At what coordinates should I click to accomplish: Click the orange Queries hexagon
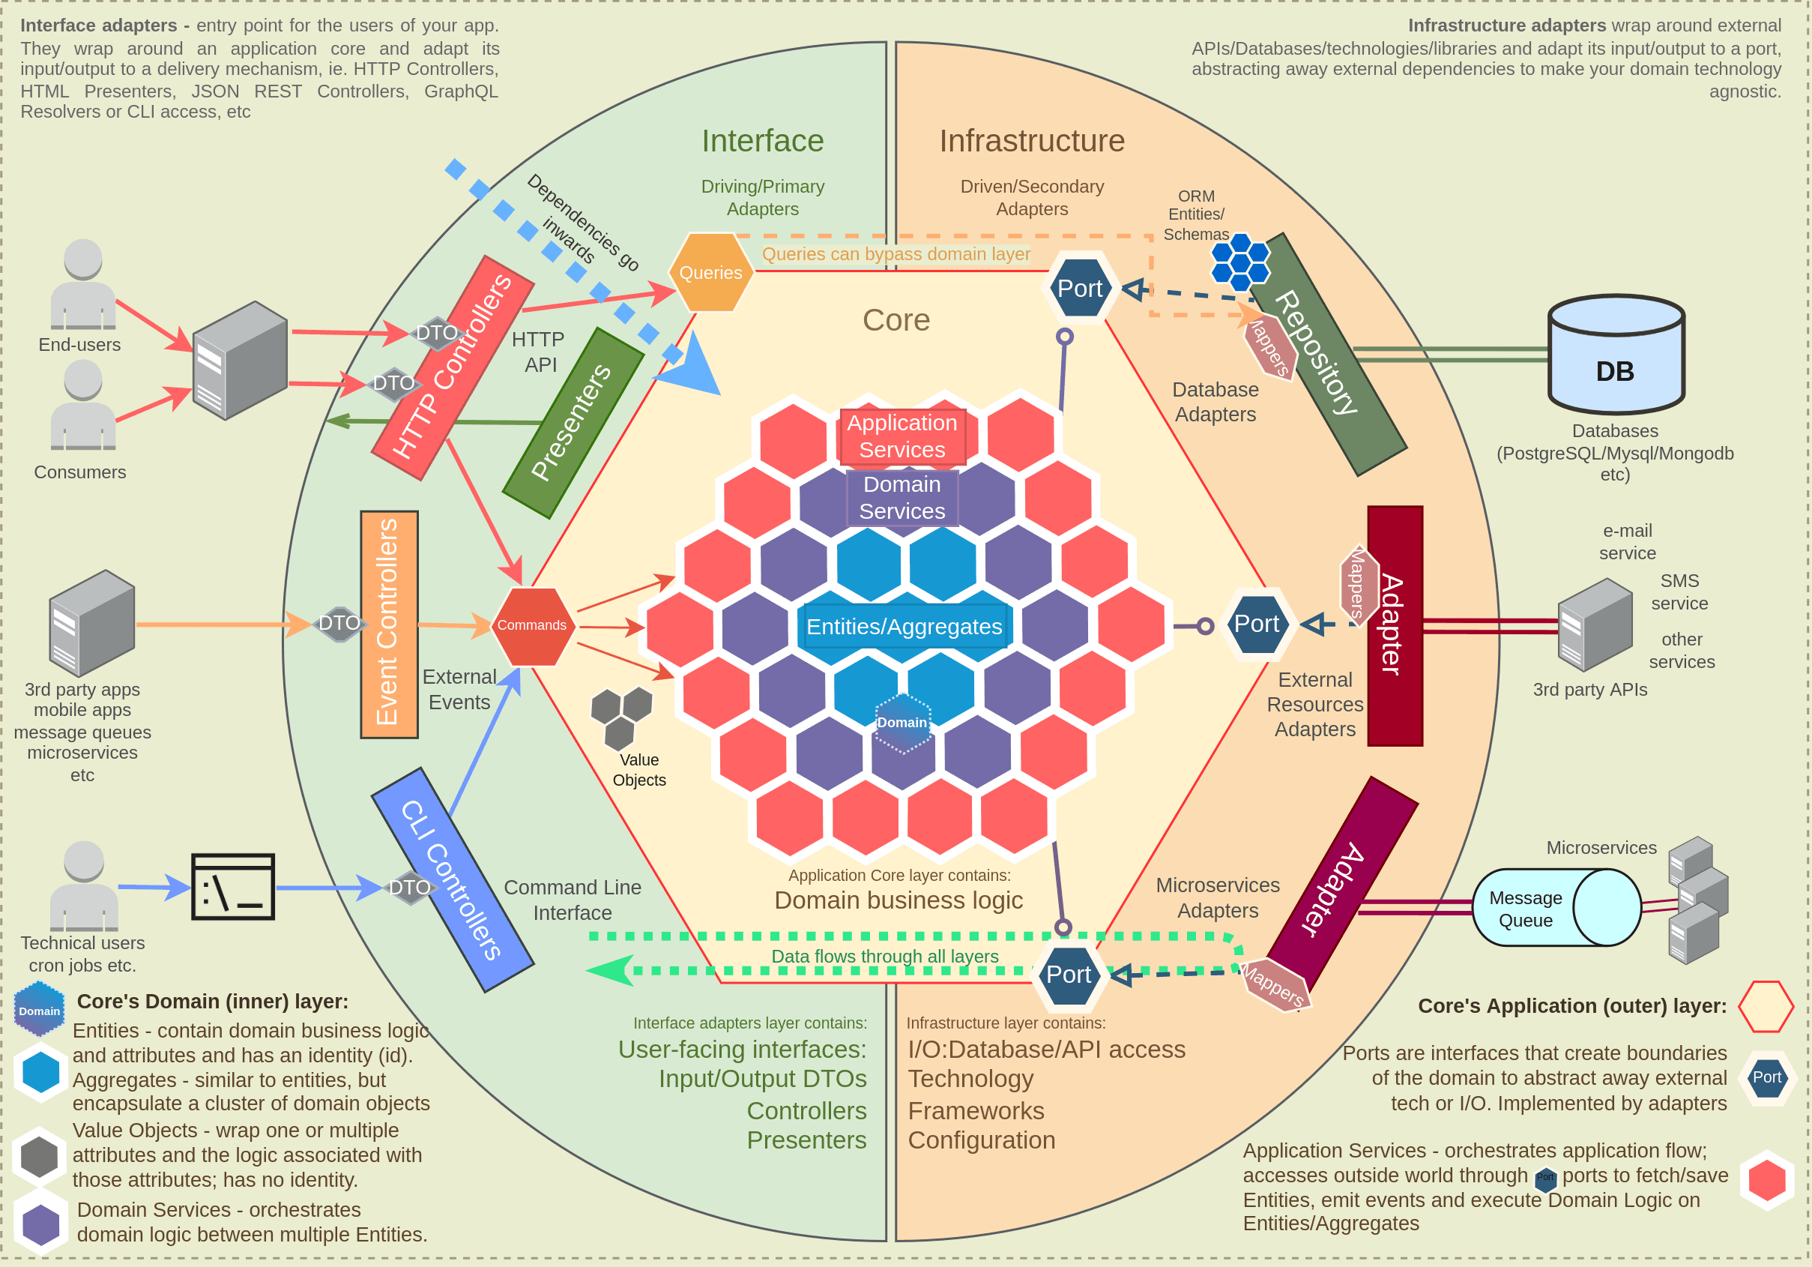(x=710, y=272)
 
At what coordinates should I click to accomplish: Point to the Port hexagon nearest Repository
(x=1079, y=289)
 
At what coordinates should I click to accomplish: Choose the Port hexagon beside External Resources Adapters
(x=1257, y=624)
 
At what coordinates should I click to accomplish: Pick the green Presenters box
(x=573, y=423)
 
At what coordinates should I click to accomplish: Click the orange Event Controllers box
(x=388, y=624)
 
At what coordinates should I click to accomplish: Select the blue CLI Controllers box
(x=452, y=879)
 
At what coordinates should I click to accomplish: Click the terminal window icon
(x=233, y=886)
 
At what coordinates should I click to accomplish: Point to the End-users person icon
(x=83, y=284)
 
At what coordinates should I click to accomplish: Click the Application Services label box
(x=902, y=436)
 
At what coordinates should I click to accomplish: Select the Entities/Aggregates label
(x=904, y=627)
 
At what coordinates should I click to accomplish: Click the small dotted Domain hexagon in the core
(x=903, y=722)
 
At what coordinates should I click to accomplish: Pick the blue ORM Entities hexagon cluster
(x=1239, y=262)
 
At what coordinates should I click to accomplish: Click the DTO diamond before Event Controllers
(x=339, y=624)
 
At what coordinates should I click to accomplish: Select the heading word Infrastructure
(x=1031, y=140)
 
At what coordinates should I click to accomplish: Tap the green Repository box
(x=1327, y=355)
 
